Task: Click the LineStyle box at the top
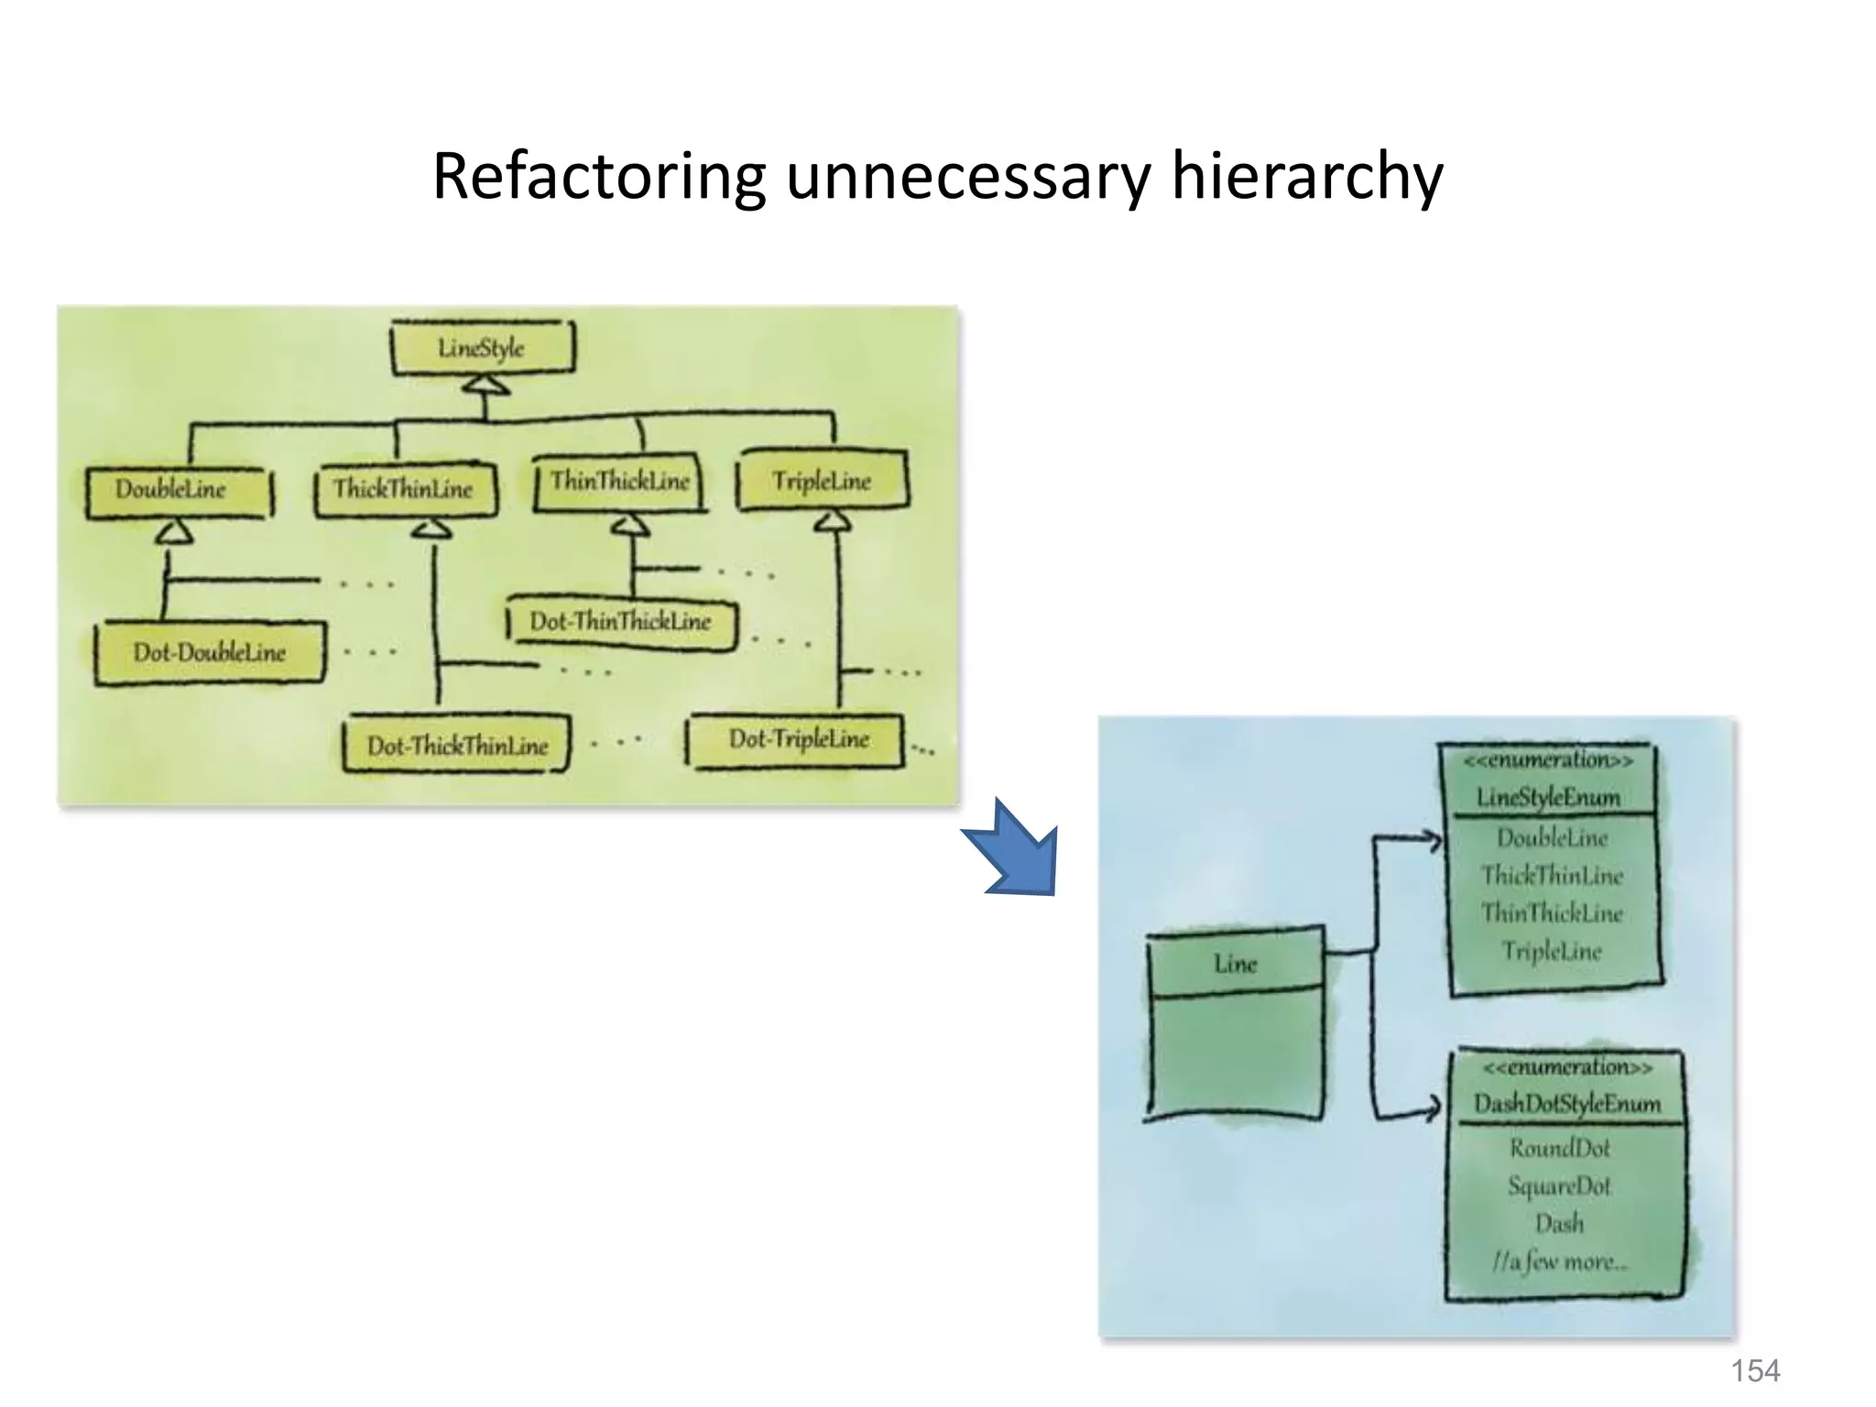coord(483,347)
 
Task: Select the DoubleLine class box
coord(179,491)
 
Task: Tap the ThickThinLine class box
coord(404,489)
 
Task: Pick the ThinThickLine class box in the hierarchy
coord(620,482)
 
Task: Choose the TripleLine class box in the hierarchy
coord(822,481)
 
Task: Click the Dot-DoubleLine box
coord(210,652)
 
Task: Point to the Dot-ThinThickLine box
coord(621,622)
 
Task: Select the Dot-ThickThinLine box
coord(456,746)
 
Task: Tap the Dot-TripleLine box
coord(797,739)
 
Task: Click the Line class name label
coord(1235,964)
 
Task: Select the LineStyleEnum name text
coord(1548,797)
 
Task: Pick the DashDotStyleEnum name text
coord(1566,1104)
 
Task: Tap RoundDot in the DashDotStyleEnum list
coord(1559,1148)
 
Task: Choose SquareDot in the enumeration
coord(1559,1186)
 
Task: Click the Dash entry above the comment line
coord(1559,1224)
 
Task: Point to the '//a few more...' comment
coord(1559,1262)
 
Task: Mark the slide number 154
coord(1754,1370)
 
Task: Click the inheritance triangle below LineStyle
coord(485,386)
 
